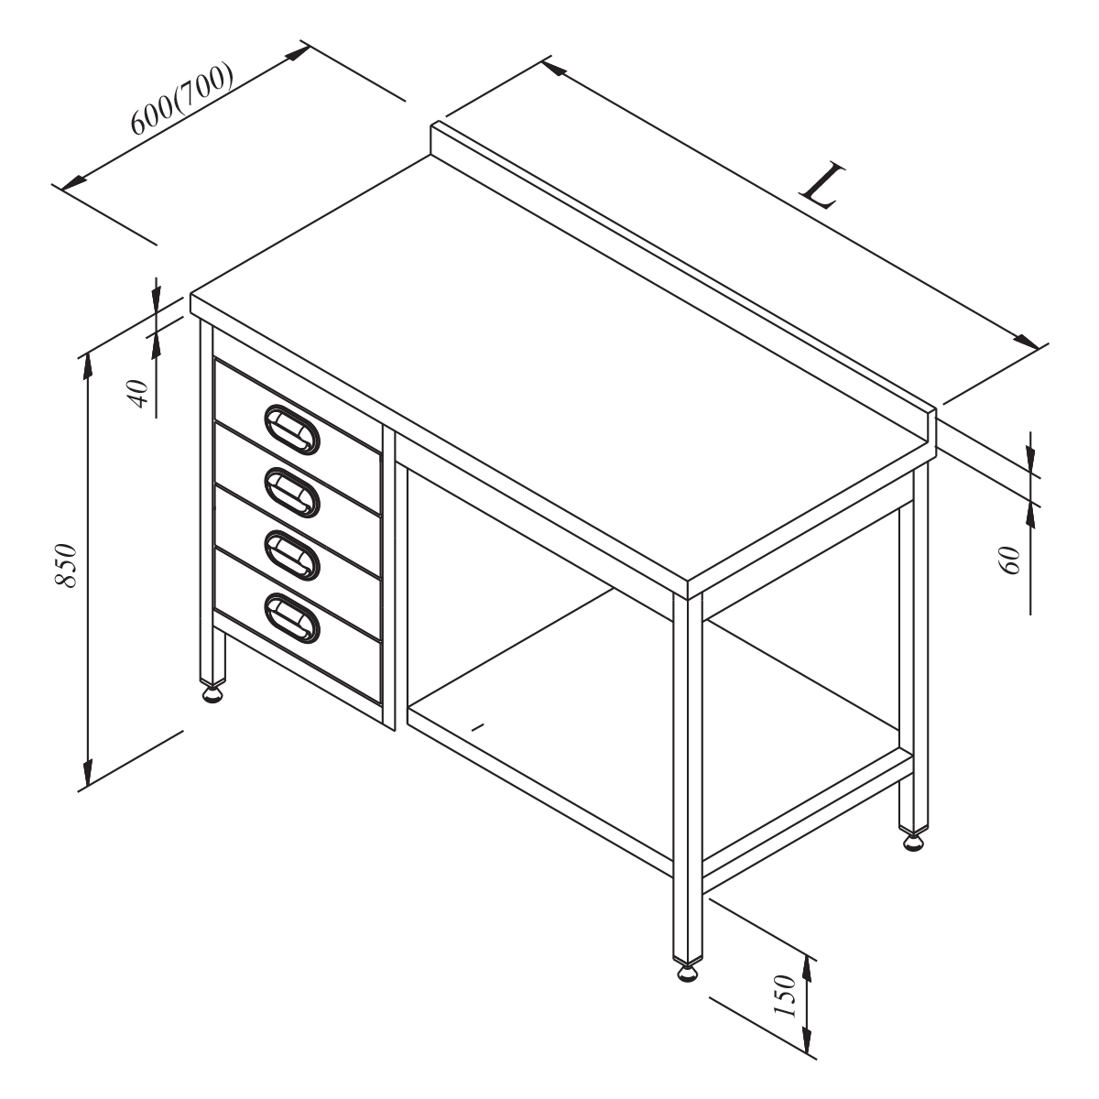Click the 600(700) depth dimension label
click(x=181, y=98)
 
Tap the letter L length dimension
click(x=822, y=186)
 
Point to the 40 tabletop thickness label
click(x=138, y=394)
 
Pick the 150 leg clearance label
click(x=784, y=996)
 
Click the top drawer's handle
click(x=292, y=430)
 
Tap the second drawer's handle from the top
click(x=292, y=493)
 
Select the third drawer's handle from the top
click(x=292, y=556)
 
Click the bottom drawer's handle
click(x=292, y=619)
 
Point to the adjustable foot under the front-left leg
click(x=212, y=695)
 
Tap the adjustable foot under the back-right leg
click(x=914, y=843)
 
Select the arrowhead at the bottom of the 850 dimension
click(x=87, y=773)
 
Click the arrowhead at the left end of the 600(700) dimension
click(x=74, y=183)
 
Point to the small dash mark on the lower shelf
click(x=478, y=726)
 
